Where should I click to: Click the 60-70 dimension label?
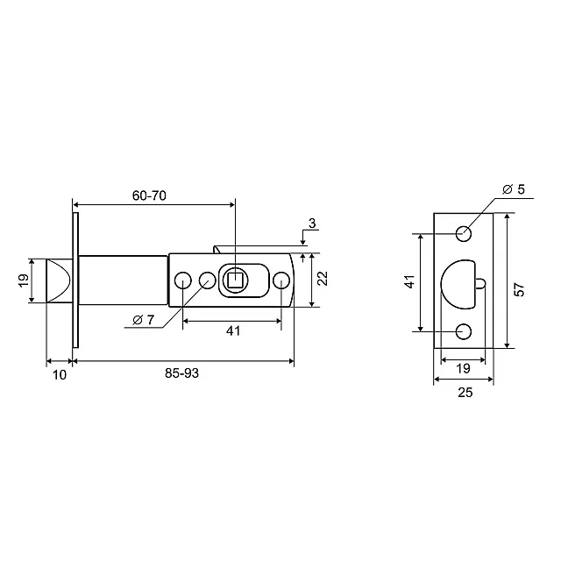(x=149, y=195)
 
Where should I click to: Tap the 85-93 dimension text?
(x=181, y=373)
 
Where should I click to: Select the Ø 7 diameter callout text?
(x=143, y=319)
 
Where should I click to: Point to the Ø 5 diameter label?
(x=514, y=189)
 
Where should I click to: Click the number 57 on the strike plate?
(x=519, y=289)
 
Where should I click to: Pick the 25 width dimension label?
(x=465, y=393)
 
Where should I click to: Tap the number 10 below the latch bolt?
(x=60, y=374)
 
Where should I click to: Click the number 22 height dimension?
(x=323, y=278)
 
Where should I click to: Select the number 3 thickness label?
(x=312, y=224)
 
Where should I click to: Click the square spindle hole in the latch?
(x=235, y=280)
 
